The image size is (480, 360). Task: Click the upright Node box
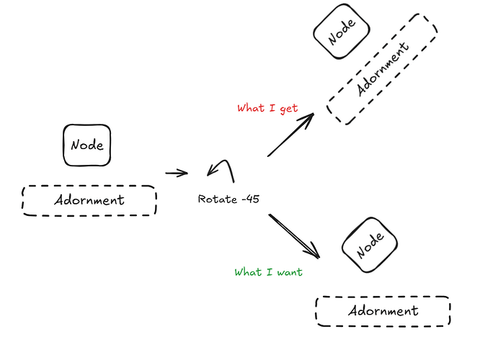[x=87, y=145]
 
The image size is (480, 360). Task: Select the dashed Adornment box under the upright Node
[x=89, y=200]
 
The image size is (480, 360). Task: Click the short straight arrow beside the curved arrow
[x=176, y=173]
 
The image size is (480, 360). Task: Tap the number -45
[x=251, y=199]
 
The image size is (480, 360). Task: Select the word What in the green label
[x=248, y=272]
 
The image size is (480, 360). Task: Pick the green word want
[x=288, y=272]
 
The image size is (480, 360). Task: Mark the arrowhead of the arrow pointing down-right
[x=314, y=253]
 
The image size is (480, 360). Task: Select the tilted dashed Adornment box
[x=382, y=68]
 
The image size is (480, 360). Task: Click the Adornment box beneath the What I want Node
[x=383, y=311]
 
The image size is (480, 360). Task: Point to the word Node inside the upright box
[x=87, y=145]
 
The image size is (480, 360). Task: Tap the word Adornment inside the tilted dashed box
[x=383, y=68]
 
